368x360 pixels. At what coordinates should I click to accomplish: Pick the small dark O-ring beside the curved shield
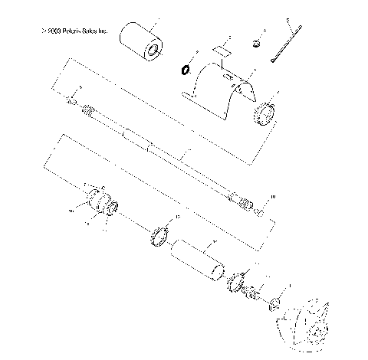click(185, 70)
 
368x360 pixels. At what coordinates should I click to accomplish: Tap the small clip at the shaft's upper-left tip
click(71, 101)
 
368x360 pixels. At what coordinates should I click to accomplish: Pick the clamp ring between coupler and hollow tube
click(159, 235)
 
